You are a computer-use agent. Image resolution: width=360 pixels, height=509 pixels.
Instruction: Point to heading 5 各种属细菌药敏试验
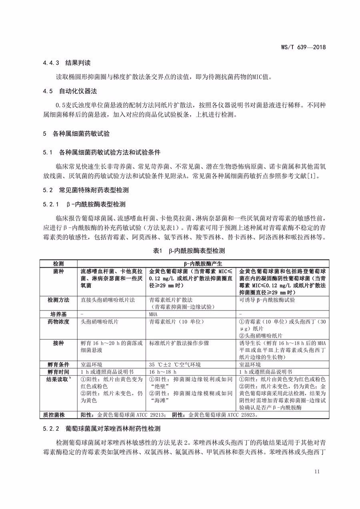[76, 133]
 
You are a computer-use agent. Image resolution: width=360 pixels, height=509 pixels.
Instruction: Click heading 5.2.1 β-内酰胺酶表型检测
[84, 204]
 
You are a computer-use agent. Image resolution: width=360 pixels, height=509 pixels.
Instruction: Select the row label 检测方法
[58, 300]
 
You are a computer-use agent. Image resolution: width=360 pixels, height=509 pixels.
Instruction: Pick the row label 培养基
[58, 315]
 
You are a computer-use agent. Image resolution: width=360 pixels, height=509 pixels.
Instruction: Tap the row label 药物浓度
[58, 322]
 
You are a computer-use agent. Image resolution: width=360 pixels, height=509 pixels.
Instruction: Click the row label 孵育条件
[58, 365]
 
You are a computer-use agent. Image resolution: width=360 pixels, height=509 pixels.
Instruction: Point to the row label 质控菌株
[58, 415]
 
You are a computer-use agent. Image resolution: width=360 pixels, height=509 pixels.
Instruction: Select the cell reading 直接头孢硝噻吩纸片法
[108, 300]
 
